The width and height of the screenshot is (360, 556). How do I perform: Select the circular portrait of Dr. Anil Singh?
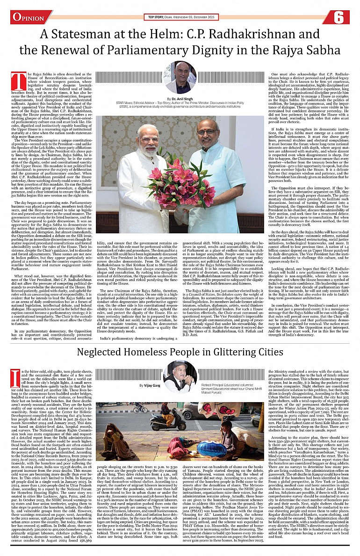[180, 77]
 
